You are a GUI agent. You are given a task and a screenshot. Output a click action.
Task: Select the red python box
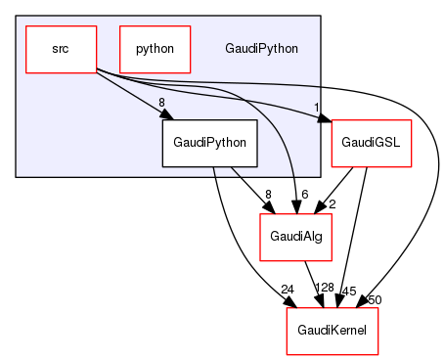(154, 48)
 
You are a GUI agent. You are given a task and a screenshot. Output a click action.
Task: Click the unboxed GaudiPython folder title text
(261, 48)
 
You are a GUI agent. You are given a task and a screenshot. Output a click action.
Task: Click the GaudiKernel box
(332, 331)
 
